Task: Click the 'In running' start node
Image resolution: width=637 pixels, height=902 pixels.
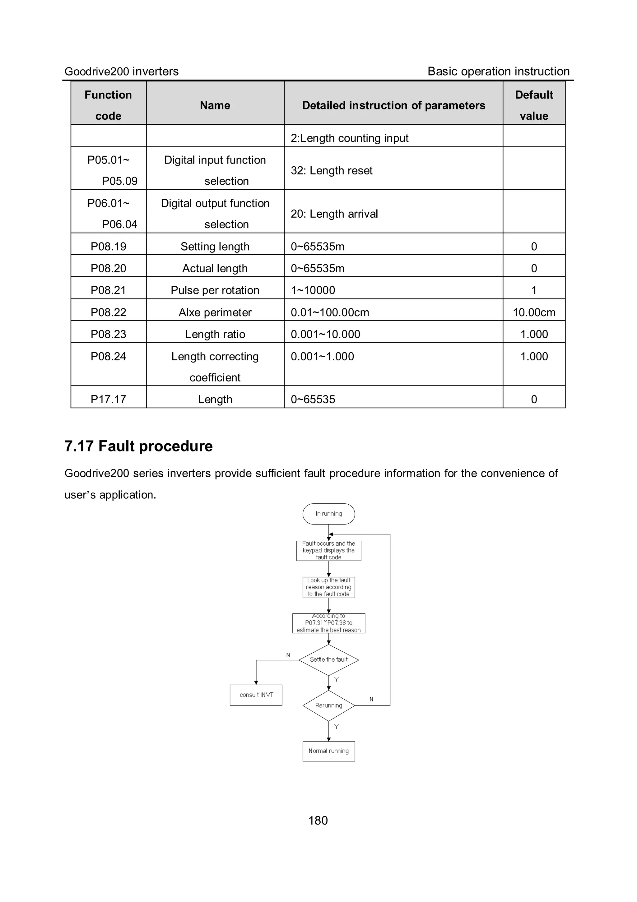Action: [328, 514]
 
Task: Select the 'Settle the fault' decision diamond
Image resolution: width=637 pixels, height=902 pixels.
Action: [328, 659]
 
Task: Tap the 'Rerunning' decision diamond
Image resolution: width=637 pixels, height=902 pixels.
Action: [328, 705]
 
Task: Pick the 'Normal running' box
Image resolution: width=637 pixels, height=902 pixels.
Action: [328, 751]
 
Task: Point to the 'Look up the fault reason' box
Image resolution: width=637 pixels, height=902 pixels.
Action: [328, 587]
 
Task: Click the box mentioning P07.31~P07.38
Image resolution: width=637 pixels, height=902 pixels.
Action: [328, 623]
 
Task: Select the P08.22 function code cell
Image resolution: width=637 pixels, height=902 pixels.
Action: [109, 312]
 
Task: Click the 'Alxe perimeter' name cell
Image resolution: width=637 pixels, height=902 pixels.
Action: [215, 312]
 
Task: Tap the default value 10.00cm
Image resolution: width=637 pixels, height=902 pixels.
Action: [534, 312]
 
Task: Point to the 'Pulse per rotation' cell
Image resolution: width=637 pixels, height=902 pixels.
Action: [215, 290]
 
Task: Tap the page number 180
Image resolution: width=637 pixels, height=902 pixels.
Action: [318, 820]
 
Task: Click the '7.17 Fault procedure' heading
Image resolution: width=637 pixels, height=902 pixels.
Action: [138, 446]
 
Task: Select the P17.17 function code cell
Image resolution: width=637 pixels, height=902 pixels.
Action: [109, 399]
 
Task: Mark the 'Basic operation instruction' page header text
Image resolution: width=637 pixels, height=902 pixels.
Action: [498, 71]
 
